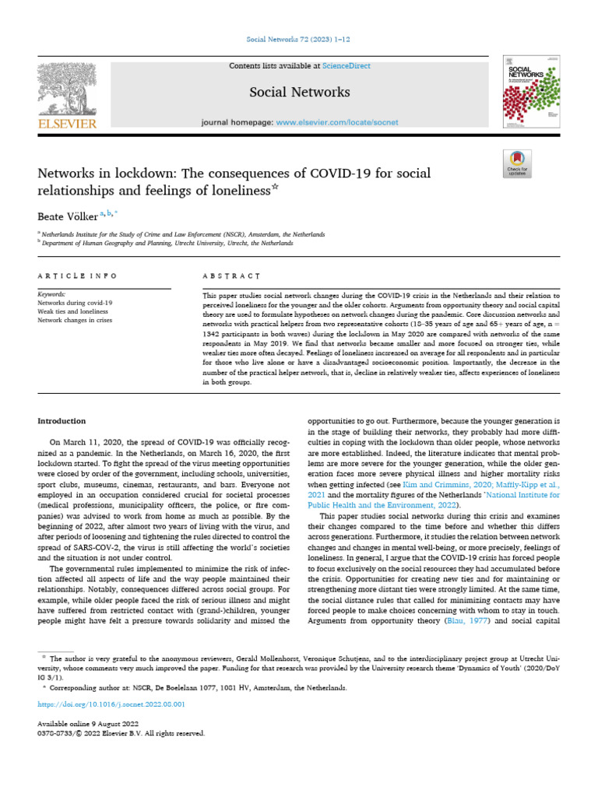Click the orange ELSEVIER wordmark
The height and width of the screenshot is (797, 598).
pyautogui.click(x=66, y=125)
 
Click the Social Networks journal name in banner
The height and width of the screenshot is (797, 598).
pyautogui.click(x=299, y=92)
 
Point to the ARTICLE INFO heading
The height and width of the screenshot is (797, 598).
pyautogui.click(x=78, y=276)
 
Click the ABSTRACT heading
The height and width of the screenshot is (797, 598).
pyautogui.click(x=231, y=276)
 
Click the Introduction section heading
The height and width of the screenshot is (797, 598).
pyautogui.click(x=62, y=421)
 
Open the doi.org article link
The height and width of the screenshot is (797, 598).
pyautogui.click(x=111, y=704)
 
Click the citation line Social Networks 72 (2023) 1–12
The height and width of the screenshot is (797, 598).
pyautogui.click(x=299, y=39)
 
